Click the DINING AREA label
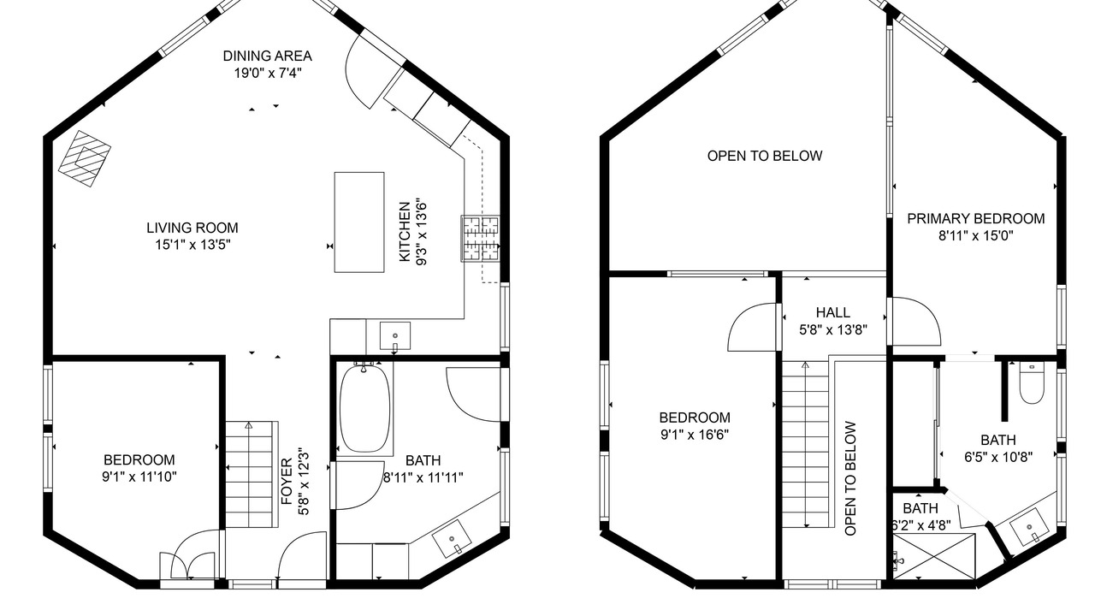(x=268, y=56)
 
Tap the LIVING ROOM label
(x=192, y=228)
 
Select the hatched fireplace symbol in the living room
(x=85, y=158)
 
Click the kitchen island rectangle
(x=359, y=222)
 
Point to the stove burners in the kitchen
(x=480, y=239)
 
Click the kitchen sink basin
(x=395, y=336)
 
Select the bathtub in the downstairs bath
(x=364, y=409)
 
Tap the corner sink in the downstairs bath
(x=453, y=539)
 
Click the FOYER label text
(x=287, y=481)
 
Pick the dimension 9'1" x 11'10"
(x=139, y=477)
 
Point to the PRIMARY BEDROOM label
(x=976, y=218)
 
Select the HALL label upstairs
(x=833, y=312)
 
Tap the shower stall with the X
(x=934, y=556)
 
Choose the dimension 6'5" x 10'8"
(x=998, y=457)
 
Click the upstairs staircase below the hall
(x=805, y=444)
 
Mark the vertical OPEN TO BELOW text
(x=850, y=478)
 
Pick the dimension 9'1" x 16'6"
(x=695, y=435)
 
